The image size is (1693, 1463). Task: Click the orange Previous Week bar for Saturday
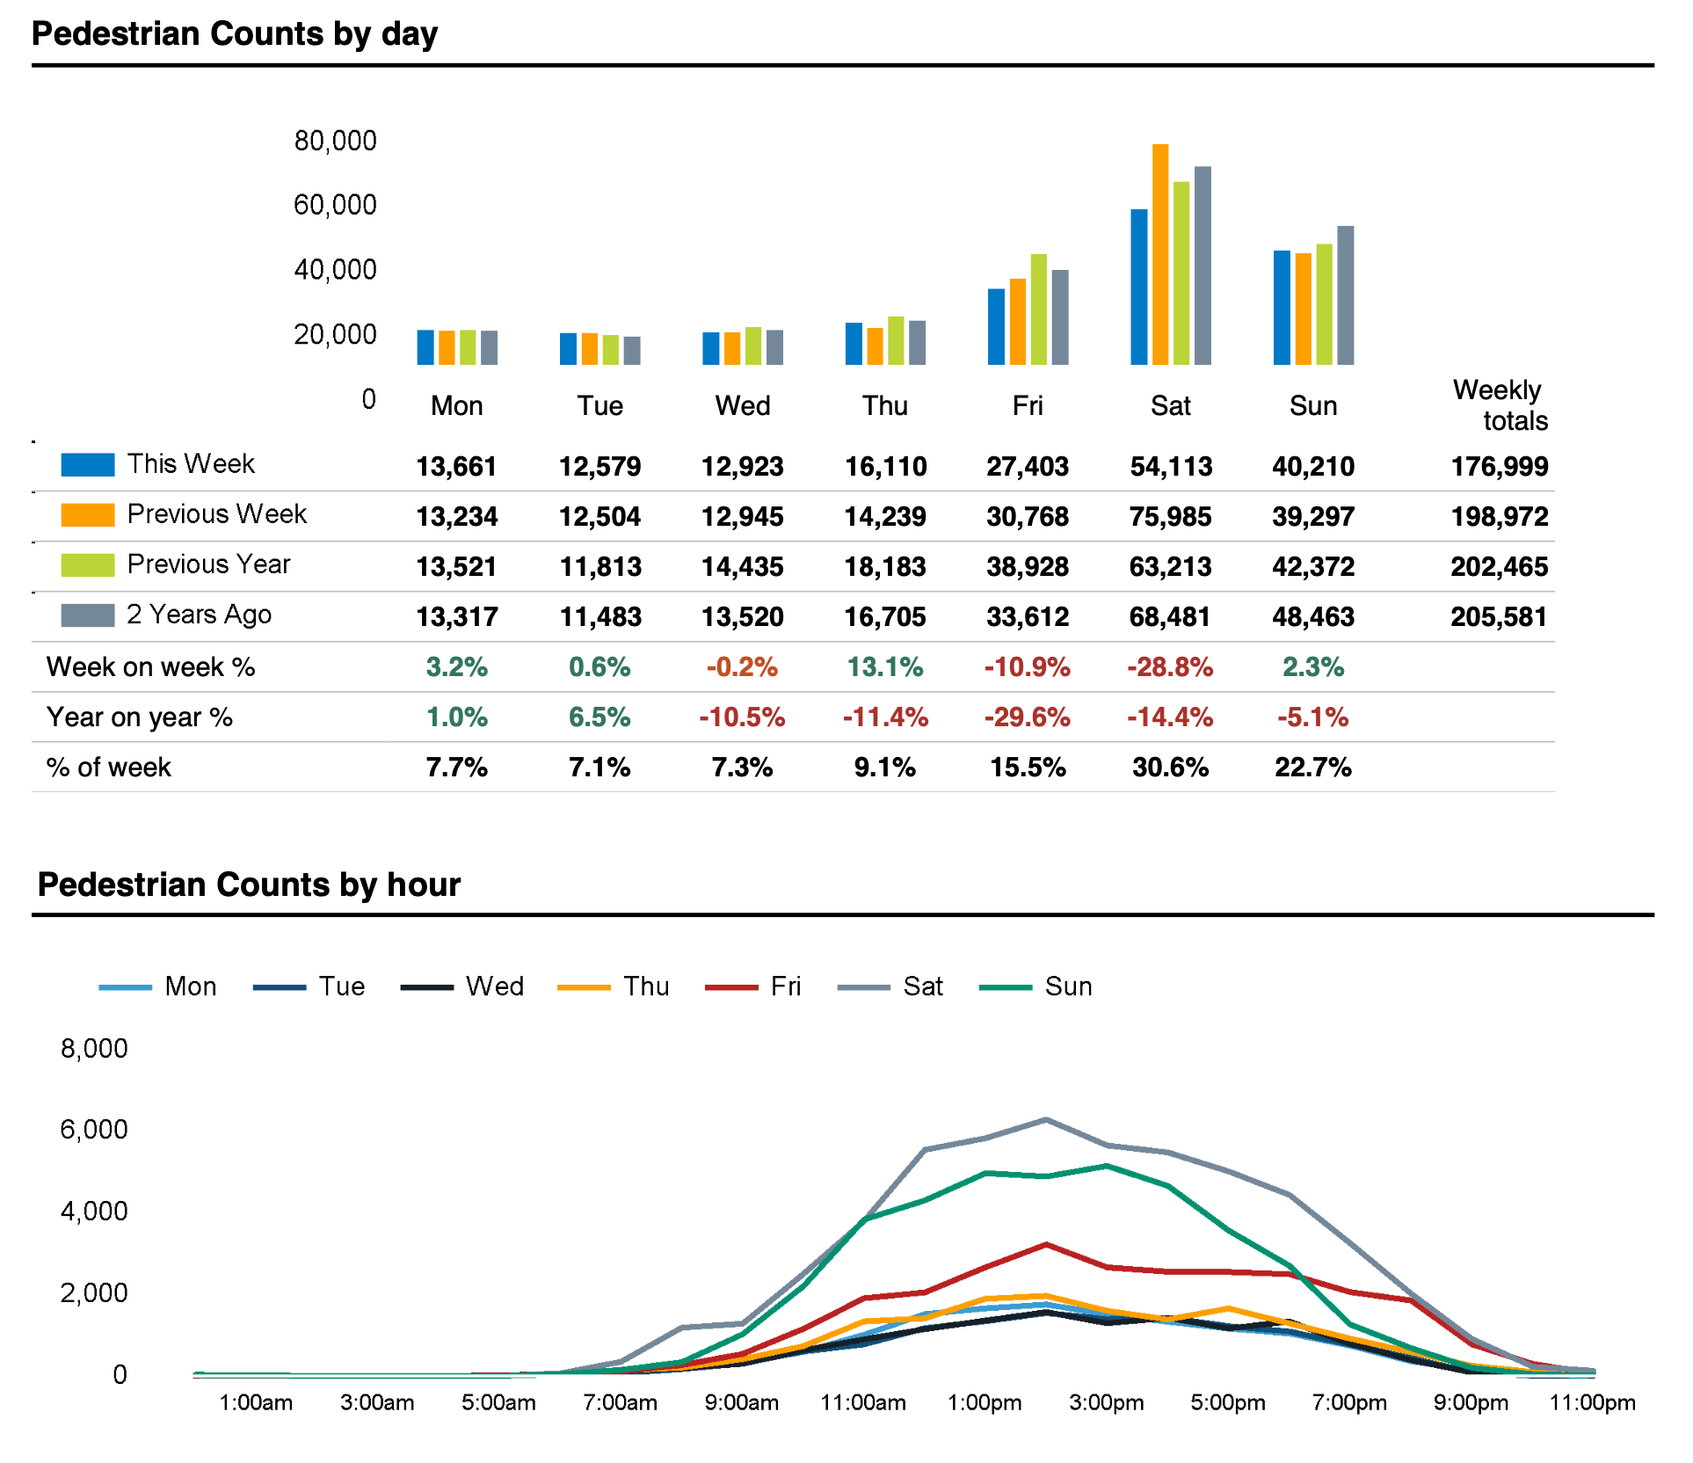pyautogui.click(x=1159, y=255)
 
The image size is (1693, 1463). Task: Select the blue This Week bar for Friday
pyautogui.click(x=996, y=327)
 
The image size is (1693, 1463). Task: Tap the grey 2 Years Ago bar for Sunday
pyautogui.click(x=1345, y=295)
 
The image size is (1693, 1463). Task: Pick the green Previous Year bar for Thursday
pyautogui.click(x=896, y=341)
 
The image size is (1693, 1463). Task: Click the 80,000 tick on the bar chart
pyautogui.click(x=335, y=141)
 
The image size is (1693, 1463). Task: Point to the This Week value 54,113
pyautogui.click(x=1171, y=466)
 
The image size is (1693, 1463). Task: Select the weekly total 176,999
pyautogui.click(x=1499, y=466)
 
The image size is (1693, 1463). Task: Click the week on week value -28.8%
pyautogui.click(x=1170, y=667)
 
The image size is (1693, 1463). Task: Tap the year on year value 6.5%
pyautogui.click(x=599, y=717)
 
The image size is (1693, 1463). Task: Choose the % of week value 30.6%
pyautogui.click(x=1170, y=768)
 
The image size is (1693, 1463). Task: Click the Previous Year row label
pyautogui.click(x=208, y=564)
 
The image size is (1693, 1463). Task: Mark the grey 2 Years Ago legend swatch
pyautogui.click(x=88, y=615)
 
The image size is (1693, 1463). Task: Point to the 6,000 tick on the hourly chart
pyautogui.click(x=94, y=1130)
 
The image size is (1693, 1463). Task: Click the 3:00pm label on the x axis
pyautogui.click(x=1106, y=1402)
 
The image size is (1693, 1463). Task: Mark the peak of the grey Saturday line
pyautogui.click(x=1045, y=1120)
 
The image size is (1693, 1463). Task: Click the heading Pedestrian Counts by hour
pyautogui.click(x=249, y=884)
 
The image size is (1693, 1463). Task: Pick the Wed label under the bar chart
pyautogui.click(x=743, y=406)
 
